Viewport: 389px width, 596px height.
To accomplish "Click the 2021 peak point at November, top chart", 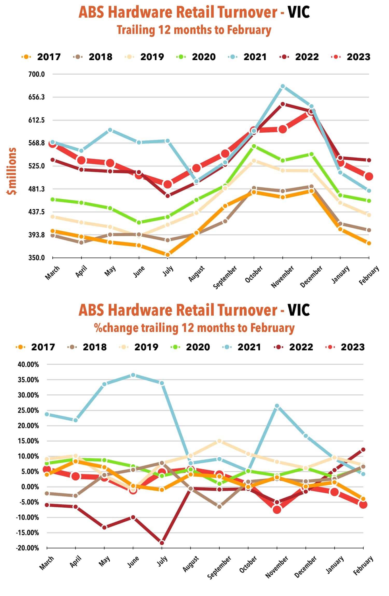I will [x=283, y=86].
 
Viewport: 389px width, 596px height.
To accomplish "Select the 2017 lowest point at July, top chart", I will [x=168, y=255].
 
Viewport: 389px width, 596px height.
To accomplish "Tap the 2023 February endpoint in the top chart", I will [x=369, y=176].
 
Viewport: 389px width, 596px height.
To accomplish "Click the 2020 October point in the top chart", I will [x=254, y=146].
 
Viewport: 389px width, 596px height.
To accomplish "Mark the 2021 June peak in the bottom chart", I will [x=133, y=375].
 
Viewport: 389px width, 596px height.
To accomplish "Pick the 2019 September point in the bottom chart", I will [x=219, y=441].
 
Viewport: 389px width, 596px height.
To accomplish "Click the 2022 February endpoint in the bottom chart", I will [x=363, y=450].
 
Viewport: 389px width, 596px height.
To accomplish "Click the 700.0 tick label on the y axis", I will [x=37, y=74].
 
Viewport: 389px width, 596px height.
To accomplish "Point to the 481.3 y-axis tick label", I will [x=37, y=189].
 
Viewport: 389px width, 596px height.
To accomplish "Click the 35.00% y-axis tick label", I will [x=28, y=380].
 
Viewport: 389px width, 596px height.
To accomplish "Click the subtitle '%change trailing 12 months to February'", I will [x=194, y=328].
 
